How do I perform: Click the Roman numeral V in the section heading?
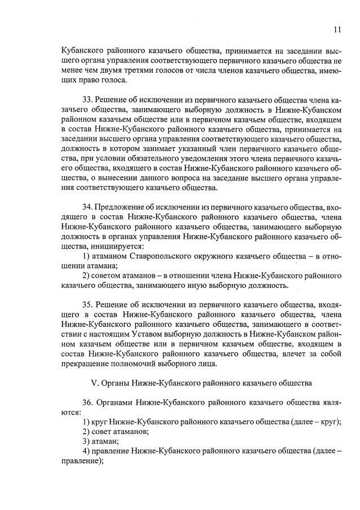tap(94, 383)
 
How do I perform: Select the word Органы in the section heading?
tap(114, 383)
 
